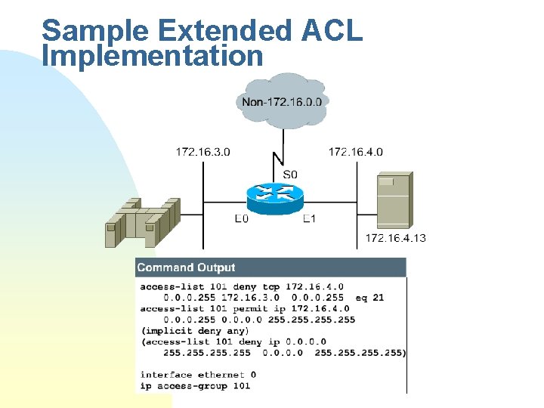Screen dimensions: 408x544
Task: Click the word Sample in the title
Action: tap(85, 32)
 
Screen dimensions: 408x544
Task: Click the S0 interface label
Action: tap(290, 175)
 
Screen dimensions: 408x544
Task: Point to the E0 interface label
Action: tap(241, 219)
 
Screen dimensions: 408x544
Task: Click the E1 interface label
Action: tap(309, 219)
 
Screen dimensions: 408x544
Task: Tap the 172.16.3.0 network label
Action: tap(203, 152)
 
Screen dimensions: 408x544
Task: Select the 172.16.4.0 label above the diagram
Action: tap(355, 152)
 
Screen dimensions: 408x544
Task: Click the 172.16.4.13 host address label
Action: tap(395, 238)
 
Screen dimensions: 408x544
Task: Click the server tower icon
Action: tap(394, 201)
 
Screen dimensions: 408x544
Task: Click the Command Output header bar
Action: tap(270, 267)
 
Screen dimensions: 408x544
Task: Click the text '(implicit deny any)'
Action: tap(195, 330)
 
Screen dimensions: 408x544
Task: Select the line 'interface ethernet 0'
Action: tap(199, 375)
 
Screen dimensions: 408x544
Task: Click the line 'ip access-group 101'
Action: tap(195, 385)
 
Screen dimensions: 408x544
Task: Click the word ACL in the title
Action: tap(332, 32)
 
